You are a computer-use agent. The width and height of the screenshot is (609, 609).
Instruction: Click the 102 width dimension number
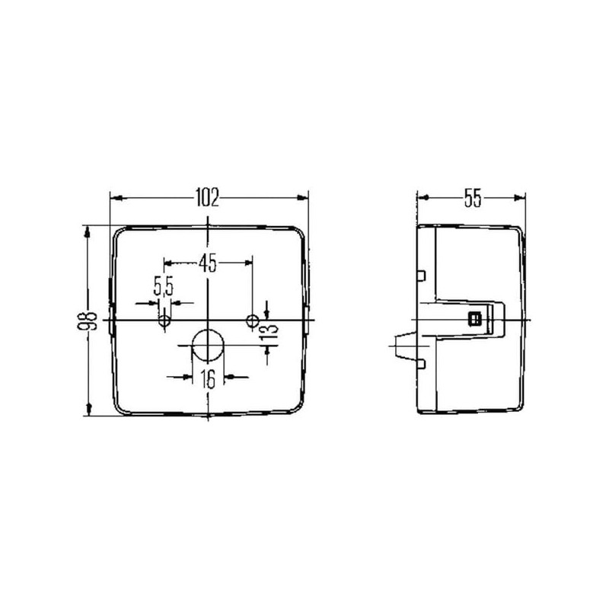click(x=207, y=197)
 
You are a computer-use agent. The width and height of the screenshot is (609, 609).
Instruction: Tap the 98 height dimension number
click(x=88, y=320)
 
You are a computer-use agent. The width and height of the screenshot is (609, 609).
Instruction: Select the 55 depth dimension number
click(x=473, y=198)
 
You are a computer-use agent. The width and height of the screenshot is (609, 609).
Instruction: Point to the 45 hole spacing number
click(x=207, y=263)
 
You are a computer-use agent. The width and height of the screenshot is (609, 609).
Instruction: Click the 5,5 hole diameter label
click(x=164, y=286)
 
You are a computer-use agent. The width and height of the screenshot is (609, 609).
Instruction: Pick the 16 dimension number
click(x=208, y=379)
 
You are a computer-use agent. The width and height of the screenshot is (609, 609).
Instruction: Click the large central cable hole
click(x=208, y=346)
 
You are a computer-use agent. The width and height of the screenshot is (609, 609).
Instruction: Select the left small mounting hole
click(x=164, y=321)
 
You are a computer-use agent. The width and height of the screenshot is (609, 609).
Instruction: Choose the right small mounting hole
click(x=253, y=320)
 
